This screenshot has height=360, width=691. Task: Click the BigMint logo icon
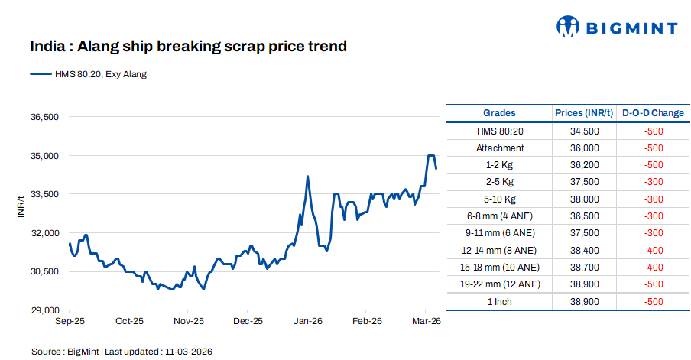pyautogui.click(x=567, y=27)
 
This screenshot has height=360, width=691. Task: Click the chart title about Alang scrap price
pyautogui.click(x=188, y=47)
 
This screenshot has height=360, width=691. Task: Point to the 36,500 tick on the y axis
pyautogui.click(x=44, y=117)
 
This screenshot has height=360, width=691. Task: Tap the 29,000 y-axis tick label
pyautogui.click(x=44, y=310)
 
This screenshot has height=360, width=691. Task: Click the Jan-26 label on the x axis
pyautogui.click(x=307, y=322)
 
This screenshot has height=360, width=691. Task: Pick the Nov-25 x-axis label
pyautogui.click(x=188, y=322)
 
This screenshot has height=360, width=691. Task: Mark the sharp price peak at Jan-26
pyautogui.click(x=307, y=177)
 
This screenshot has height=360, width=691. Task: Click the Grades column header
pyautogui.click(x=499, y=113)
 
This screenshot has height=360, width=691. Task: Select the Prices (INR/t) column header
pyautogui.click(x=584, y=113)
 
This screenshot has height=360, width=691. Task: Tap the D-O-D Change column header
pyautogui.click(x=653, y=113)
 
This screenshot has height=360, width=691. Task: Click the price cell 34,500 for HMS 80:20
pyautogui.click(x=584, y=131)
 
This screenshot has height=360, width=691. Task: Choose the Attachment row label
pyautogui.click(x=500, y=148)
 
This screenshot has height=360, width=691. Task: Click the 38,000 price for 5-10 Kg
pyautogui.click(x=584, y=199)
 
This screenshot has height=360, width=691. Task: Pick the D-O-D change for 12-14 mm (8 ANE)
pyautogui.click(x=653, y=250)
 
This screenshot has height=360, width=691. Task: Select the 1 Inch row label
pyautogui.click(x=500, y=302)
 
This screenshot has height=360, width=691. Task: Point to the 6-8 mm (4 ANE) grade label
pyautogui.click(x=500, y=216)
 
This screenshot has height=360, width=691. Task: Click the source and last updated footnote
pyautogui.click(x=122, y=352)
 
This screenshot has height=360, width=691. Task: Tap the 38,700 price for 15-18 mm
pyautogui.click(x=584, y=268)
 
